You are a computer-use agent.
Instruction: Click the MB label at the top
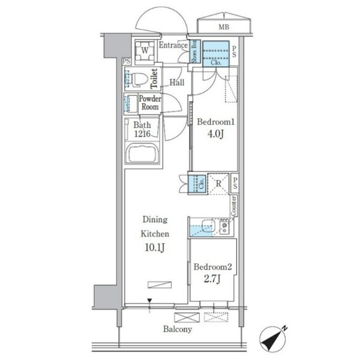point(224,27)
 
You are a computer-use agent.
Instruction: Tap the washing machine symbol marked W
point(145,51)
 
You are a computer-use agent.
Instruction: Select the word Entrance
point(173,45)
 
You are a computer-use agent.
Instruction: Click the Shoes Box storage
point(194,52)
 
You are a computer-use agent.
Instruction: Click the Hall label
point(177,82)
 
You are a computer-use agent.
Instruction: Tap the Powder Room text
point(150,103)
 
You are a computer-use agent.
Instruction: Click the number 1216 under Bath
point(142,134)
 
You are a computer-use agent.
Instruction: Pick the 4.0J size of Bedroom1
point(215,134)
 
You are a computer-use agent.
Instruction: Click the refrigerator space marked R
point(218,184)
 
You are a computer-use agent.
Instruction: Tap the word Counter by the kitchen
point(234,206)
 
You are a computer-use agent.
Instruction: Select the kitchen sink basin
point(208,226)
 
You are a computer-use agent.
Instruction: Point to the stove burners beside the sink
point(224,227)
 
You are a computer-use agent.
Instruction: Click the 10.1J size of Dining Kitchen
point(155,247)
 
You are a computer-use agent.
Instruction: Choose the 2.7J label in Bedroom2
point(212,279)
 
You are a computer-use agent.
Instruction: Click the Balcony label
point(178,329)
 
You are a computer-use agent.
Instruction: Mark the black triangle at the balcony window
point(149,301)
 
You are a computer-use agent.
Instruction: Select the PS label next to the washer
point(126,61)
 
